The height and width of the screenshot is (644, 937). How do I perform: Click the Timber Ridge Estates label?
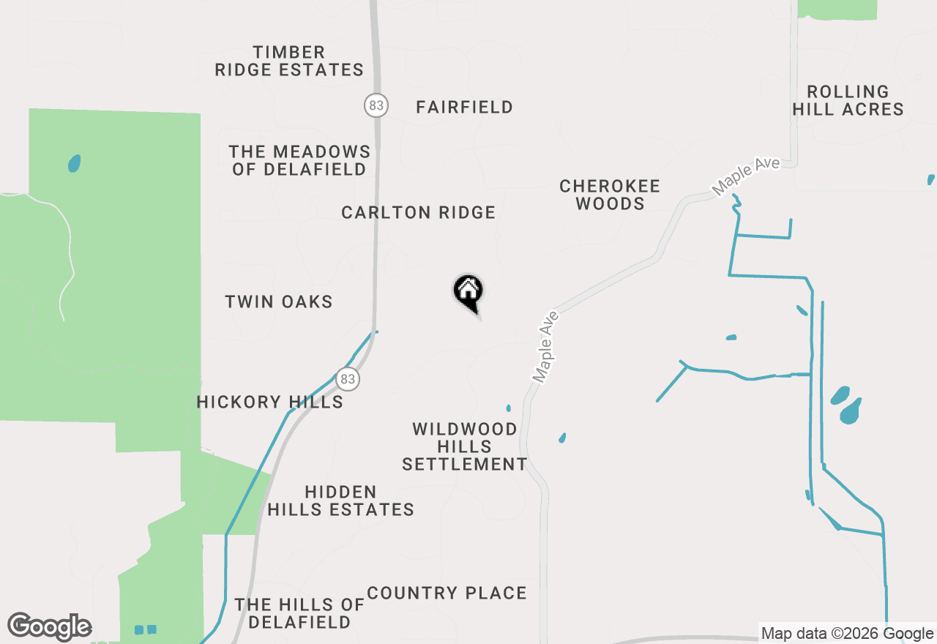click(x=288, y=61)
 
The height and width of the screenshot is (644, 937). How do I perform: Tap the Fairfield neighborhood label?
click(x=464, y=108)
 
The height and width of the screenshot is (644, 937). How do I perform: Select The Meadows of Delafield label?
click(x=299, y=160)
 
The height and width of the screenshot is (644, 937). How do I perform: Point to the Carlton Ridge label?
click(x=418, y=213)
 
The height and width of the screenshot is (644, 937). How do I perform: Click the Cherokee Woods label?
click(x=610, y=195)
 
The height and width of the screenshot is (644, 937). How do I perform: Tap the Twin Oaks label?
click(x=278, y=302)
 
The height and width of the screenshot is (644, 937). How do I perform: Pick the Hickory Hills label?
click(x=269, y=402)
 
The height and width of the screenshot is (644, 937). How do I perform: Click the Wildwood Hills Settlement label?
click(x=465, y=446)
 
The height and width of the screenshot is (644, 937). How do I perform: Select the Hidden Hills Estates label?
click(x=340, y=501)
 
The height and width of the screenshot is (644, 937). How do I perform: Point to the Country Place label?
click(x=447, y=593)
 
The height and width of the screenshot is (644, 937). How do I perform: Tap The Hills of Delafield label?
click(x=299, y=613)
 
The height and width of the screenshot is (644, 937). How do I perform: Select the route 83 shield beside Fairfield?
click(x=376, y=105)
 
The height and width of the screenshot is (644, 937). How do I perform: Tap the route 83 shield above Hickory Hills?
click(x=348, y=379)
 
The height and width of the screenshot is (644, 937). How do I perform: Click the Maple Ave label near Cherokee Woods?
click(x=746, y=176)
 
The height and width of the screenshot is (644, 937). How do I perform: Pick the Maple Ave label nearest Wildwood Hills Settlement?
click(x=546, y=347)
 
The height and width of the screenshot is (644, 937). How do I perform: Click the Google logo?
click(x=49, y=627)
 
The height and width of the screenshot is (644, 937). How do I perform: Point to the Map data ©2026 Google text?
click(x=846, y=634)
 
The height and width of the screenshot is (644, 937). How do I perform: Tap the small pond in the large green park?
click(x=74, y=163)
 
